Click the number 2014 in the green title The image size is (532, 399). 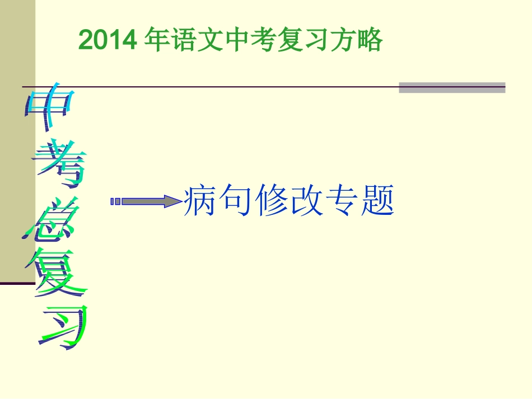tap(108, 40)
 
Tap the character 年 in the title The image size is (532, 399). tap(153, 40)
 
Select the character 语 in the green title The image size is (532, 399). tap(179, 40)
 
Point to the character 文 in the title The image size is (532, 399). tap(204, 40)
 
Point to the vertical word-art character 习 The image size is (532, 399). tap(64, 327)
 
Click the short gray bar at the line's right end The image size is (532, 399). tap(452, 87)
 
